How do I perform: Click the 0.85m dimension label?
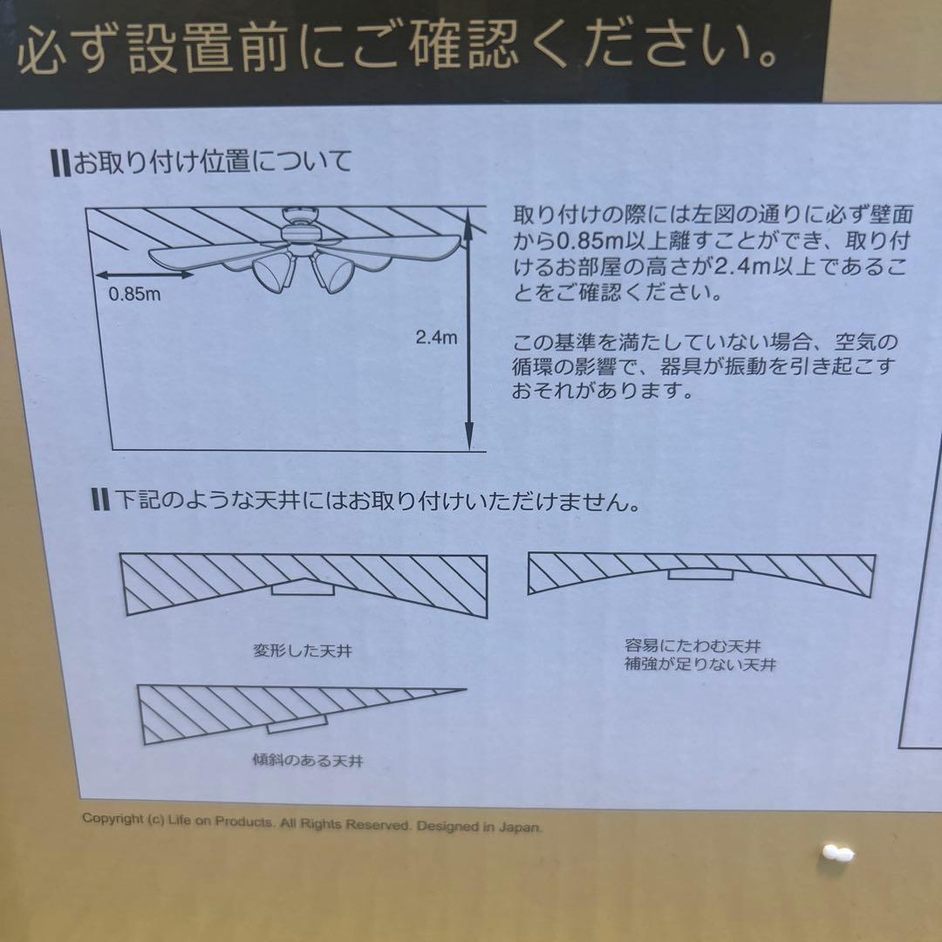pyautogui.click(x=134, y=295)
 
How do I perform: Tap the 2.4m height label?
pyautogui.click(x=437, y=337)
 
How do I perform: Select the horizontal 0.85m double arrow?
pyautogui.click(x=145, y=275)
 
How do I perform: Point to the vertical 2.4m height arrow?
pyautogui.click(x=469, y=337)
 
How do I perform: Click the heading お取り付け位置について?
pyautogui.click(x=211, y=162)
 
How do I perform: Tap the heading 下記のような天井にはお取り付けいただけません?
pyautogui.click(x=378, y=501)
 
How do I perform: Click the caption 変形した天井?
pyautogui.click(x=303, y=651)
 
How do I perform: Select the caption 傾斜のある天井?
pyautogui.click(x=308, y=761)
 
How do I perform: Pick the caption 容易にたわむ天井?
pyautogui.click(x=693, y=645)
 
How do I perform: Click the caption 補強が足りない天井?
pyautogui.click(x=700, y=665)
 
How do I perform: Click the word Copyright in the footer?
pyautogui.click(x=113, y=819)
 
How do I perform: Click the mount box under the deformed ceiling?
pyautogui.click(x=303, y=588)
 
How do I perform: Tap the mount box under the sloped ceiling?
pyautogui.click(x=297, y=724)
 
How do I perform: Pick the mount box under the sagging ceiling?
pyautogui.click(x=700, y=575)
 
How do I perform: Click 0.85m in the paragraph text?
pyautogui.click(x=590, y=241)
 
